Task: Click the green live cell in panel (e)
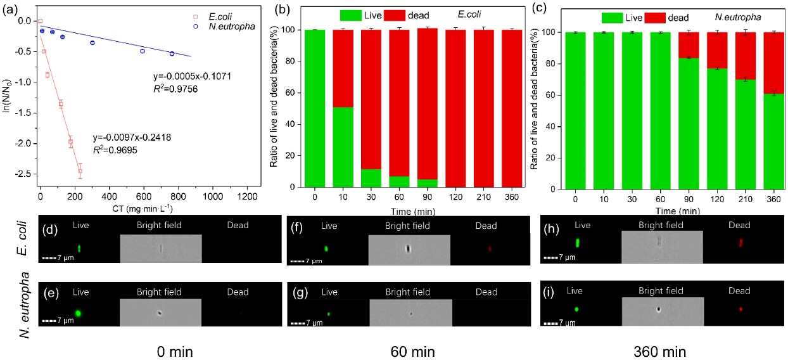(78, 312)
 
